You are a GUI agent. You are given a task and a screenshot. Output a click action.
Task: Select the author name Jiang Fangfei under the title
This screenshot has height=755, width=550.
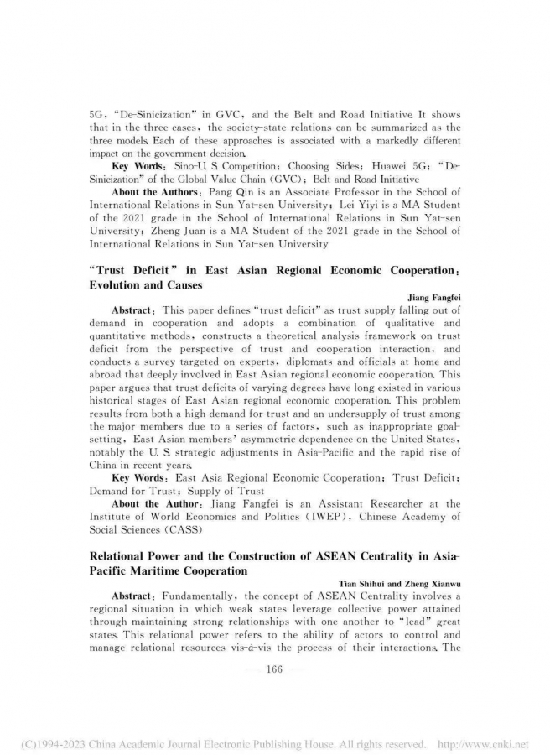pyautogui.click(x=433, y=296)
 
